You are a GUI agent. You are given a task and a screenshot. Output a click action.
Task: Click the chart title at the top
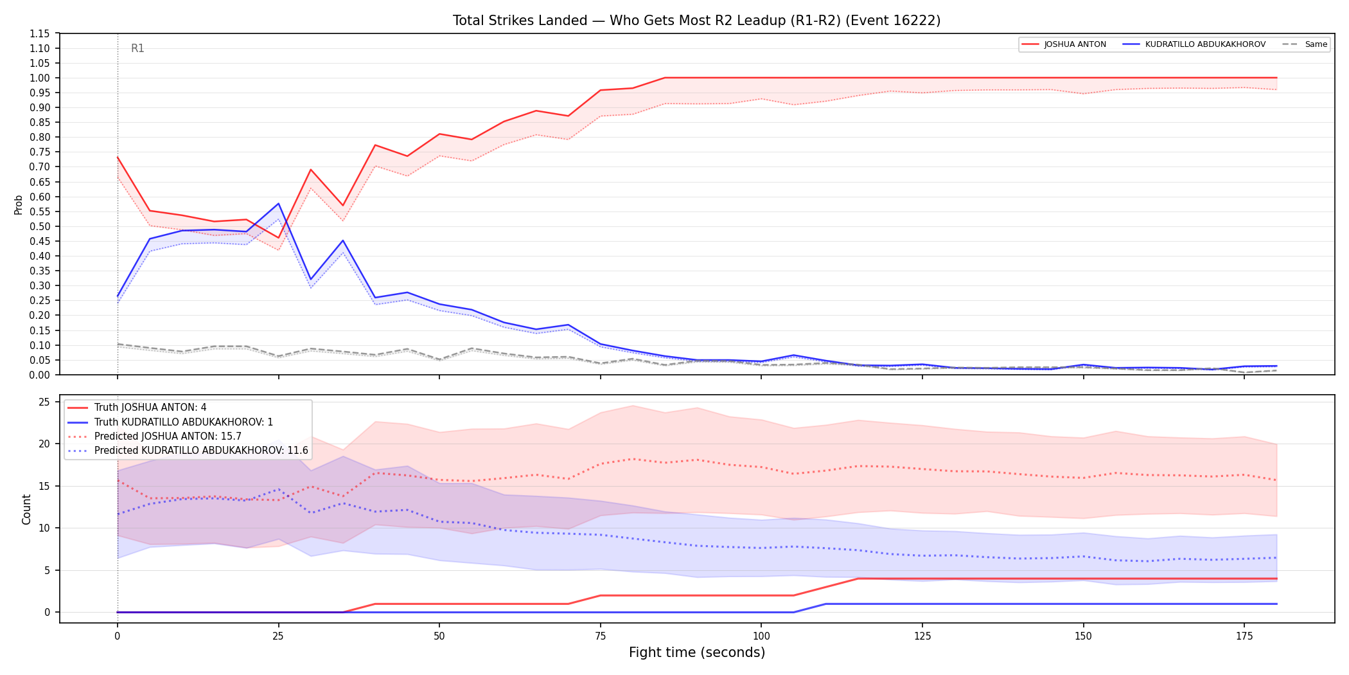point(696,21)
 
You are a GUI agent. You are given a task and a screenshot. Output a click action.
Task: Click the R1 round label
point(137,48)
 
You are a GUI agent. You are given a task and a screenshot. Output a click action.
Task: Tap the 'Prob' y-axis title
point(19,204)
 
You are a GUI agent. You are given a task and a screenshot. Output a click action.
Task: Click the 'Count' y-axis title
point(26,509)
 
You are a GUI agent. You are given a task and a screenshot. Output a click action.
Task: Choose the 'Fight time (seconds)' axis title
point(697,652)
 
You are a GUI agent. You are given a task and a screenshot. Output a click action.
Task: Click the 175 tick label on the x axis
point(1244,636)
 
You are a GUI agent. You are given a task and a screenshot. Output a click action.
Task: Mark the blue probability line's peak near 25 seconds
point(278,204)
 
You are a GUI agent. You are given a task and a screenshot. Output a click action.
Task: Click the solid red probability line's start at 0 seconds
point(118,157)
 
